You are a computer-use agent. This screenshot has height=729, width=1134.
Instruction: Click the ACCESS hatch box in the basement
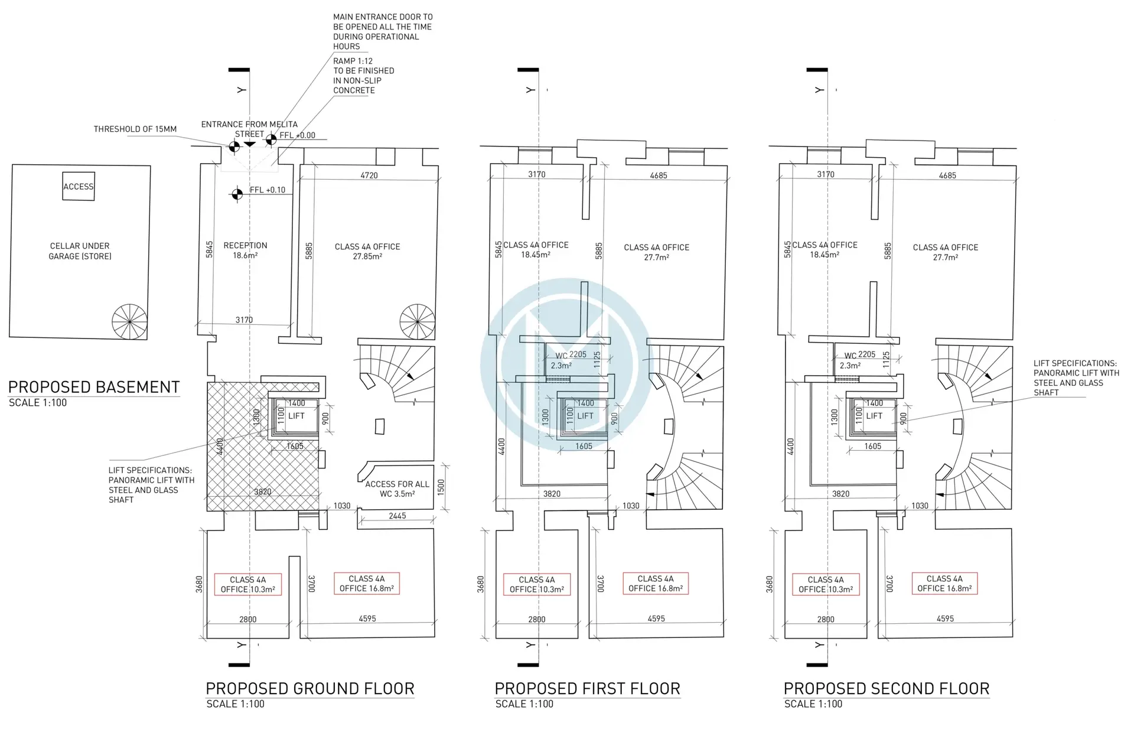coord(79,187)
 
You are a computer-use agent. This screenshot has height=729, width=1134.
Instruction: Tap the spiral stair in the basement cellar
coord(129,322)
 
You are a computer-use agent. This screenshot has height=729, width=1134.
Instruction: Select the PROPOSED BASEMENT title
coord(94,388)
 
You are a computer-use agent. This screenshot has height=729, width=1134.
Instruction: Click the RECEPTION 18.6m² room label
coord(245,250)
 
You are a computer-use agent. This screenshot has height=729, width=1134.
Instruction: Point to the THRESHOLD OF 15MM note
coord(135,129)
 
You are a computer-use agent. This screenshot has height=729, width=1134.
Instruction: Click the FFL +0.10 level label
coord(268,190)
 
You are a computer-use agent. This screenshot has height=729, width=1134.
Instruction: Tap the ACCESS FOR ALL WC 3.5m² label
coord(397,489)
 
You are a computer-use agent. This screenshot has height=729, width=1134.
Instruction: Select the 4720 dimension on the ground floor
coord(369,175)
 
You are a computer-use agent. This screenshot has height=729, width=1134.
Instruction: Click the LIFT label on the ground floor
coord(296,416)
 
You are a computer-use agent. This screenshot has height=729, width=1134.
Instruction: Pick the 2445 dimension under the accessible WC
coord(397,516)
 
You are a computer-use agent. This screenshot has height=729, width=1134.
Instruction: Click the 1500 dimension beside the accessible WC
coord(441,487)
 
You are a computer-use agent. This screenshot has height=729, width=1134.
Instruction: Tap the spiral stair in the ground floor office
coord(418,322)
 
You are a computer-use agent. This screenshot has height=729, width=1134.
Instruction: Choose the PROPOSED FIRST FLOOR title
coord(588,689)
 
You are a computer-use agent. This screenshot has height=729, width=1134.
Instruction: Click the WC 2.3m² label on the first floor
coord(561,361)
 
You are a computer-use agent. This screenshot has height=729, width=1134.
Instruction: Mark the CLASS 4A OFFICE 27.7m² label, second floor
coord(945,252)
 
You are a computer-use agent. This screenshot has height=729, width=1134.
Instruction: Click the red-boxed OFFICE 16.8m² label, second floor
coord(944,584)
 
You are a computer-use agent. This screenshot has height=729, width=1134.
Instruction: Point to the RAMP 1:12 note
coord(364,76)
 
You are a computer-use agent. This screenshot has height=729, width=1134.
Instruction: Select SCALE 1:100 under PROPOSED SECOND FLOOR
coord(813,704)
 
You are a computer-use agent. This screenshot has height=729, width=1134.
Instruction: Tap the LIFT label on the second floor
coord(874,416)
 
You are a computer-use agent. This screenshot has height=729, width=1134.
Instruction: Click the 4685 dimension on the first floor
coord(659,175)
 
